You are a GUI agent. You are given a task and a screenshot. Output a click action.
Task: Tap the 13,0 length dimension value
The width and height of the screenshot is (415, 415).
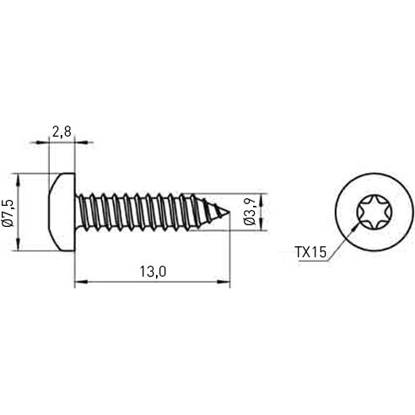pos(152,271)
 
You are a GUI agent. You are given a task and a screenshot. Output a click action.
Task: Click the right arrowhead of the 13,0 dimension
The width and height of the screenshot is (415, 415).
pos(227,283)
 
